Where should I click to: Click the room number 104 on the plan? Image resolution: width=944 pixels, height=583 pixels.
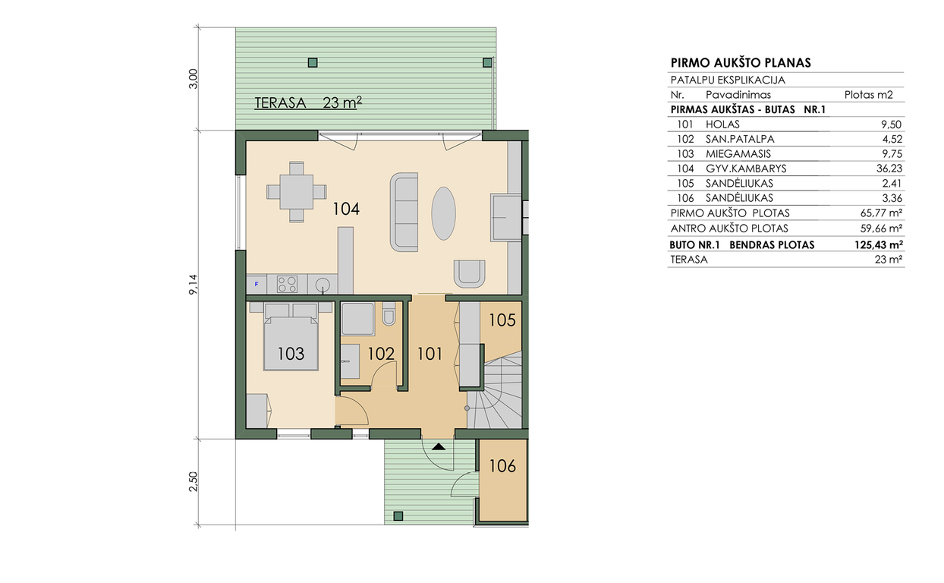click(346, 209)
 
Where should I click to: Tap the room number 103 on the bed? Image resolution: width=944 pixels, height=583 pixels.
click(291, 354)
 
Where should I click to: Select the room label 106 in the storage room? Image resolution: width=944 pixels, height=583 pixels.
click(502, 466)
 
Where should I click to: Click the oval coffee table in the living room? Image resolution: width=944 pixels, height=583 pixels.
click(443, 213)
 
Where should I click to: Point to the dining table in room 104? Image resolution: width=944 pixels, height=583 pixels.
click(296, 192)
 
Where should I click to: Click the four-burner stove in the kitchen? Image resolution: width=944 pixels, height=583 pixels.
click(287, 284)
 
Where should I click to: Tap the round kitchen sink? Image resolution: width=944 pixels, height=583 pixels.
click(323, 284)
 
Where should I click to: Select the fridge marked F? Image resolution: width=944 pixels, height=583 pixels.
click(256, 284)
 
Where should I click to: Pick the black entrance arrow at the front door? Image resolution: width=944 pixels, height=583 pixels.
click(439, 446)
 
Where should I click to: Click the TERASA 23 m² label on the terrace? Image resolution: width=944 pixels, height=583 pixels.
click(308, 102)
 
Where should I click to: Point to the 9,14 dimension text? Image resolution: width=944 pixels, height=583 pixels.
click(193, 285)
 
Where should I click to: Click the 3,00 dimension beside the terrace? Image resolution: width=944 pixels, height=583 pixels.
click(193, 79)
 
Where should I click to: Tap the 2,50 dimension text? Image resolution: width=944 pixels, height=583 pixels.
click(193, 481)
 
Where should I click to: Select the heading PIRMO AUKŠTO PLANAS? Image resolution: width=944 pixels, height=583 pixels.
click(741, 63)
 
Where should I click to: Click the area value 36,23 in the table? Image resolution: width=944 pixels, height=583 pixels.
click(889, 169)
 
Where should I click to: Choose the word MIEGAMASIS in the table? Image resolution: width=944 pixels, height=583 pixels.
click(738, 154)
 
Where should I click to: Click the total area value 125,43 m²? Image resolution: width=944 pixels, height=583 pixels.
click(878, 245)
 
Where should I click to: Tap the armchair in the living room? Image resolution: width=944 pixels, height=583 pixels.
click(469, 274)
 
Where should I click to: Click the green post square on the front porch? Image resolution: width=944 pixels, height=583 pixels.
click(398, 516)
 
